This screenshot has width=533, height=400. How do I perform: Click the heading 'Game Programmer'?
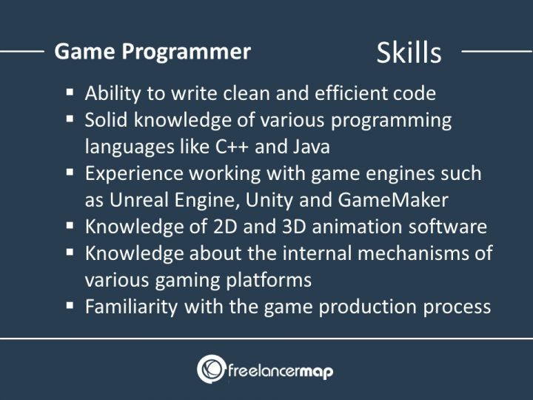tap(152, 52)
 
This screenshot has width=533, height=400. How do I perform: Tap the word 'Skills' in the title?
tap(409, 53)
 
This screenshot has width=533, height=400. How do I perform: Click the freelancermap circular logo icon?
tap(210, 369)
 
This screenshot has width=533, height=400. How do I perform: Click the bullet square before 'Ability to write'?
tap(70, 93)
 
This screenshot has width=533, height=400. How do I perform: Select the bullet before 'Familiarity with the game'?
tap(70, 305)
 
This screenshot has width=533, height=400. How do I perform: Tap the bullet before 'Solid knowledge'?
tap(70, 119)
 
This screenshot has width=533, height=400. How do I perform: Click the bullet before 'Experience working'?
tap(70, 172)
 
